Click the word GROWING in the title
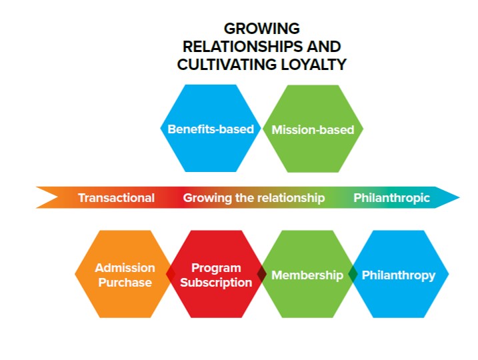coord(261,29)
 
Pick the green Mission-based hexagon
coord(313,129)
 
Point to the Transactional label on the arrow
coord(116,198)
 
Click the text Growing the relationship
coord(254,198)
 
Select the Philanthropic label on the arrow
coord(391,198)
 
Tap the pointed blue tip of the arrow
coord(452,198)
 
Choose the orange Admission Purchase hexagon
coord(124,275)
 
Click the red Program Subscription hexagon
coord(216,275)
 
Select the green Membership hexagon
coord(307,275)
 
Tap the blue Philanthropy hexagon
coord(399,275)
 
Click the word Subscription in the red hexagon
coord(216,283)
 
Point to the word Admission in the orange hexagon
coord(125,267)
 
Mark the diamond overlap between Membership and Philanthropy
coord(353,275)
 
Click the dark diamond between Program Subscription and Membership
coord(261,275)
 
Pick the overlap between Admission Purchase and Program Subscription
coord(171,275)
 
